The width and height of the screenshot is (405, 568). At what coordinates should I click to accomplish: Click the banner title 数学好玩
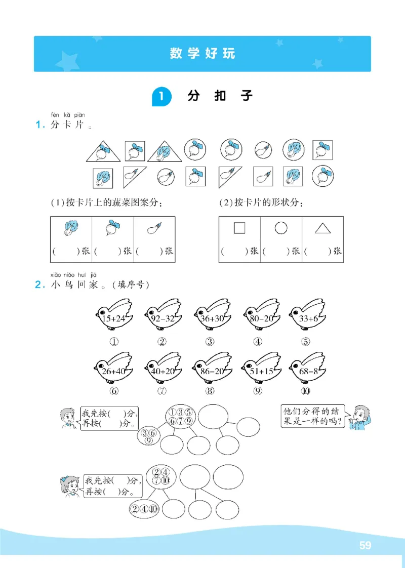pos(202,54)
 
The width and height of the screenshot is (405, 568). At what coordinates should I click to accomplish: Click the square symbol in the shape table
pos(239,229)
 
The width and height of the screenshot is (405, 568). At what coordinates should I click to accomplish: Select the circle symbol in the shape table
pos(281,229)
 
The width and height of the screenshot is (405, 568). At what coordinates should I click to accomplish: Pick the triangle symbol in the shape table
pos(322,229)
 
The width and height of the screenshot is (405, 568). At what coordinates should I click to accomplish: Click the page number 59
pos(365,545)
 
